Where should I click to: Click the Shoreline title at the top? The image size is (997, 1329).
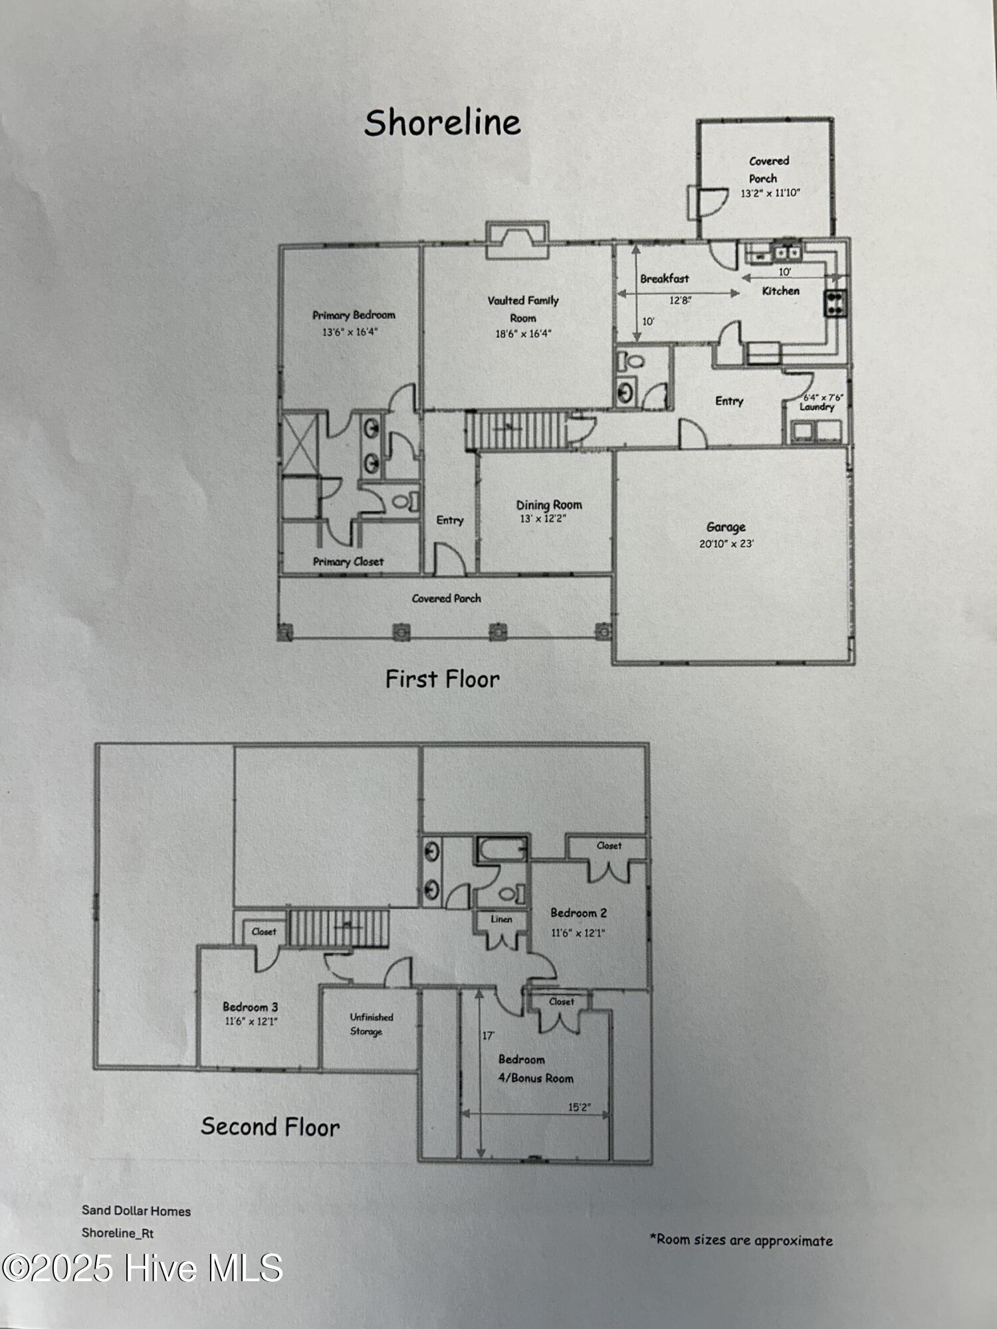443,124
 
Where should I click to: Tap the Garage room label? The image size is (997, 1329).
726,527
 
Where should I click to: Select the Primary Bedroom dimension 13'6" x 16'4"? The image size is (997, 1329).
350,332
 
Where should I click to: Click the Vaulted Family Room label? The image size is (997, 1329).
523,309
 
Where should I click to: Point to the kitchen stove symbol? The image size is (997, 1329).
835,302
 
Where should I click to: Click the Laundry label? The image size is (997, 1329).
817,407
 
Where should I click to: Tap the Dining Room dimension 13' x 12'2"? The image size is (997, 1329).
543,519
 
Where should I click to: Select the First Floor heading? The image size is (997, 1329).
443,679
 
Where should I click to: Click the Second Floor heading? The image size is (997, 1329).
271,1127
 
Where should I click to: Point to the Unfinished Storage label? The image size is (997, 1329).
371,1024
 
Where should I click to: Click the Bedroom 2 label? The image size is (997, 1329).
578,913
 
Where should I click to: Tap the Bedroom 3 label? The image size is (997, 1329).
250,1007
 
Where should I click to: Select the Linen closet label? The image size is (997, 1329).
501,920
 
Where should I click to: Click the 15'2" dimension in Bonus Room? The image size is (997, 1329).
579,1108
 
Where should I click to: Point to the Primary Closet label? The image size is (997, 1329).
348,562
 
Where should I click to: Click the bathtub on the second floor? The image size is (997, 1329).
502,849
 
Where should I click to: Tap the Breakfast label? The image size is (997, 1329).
664,279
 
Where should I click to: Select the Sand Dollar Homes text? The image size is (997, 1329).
136,1211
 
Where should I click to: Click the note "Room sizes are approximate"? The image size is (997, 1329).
741,1240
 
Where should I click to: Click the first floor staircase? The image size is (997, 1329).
515,429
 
